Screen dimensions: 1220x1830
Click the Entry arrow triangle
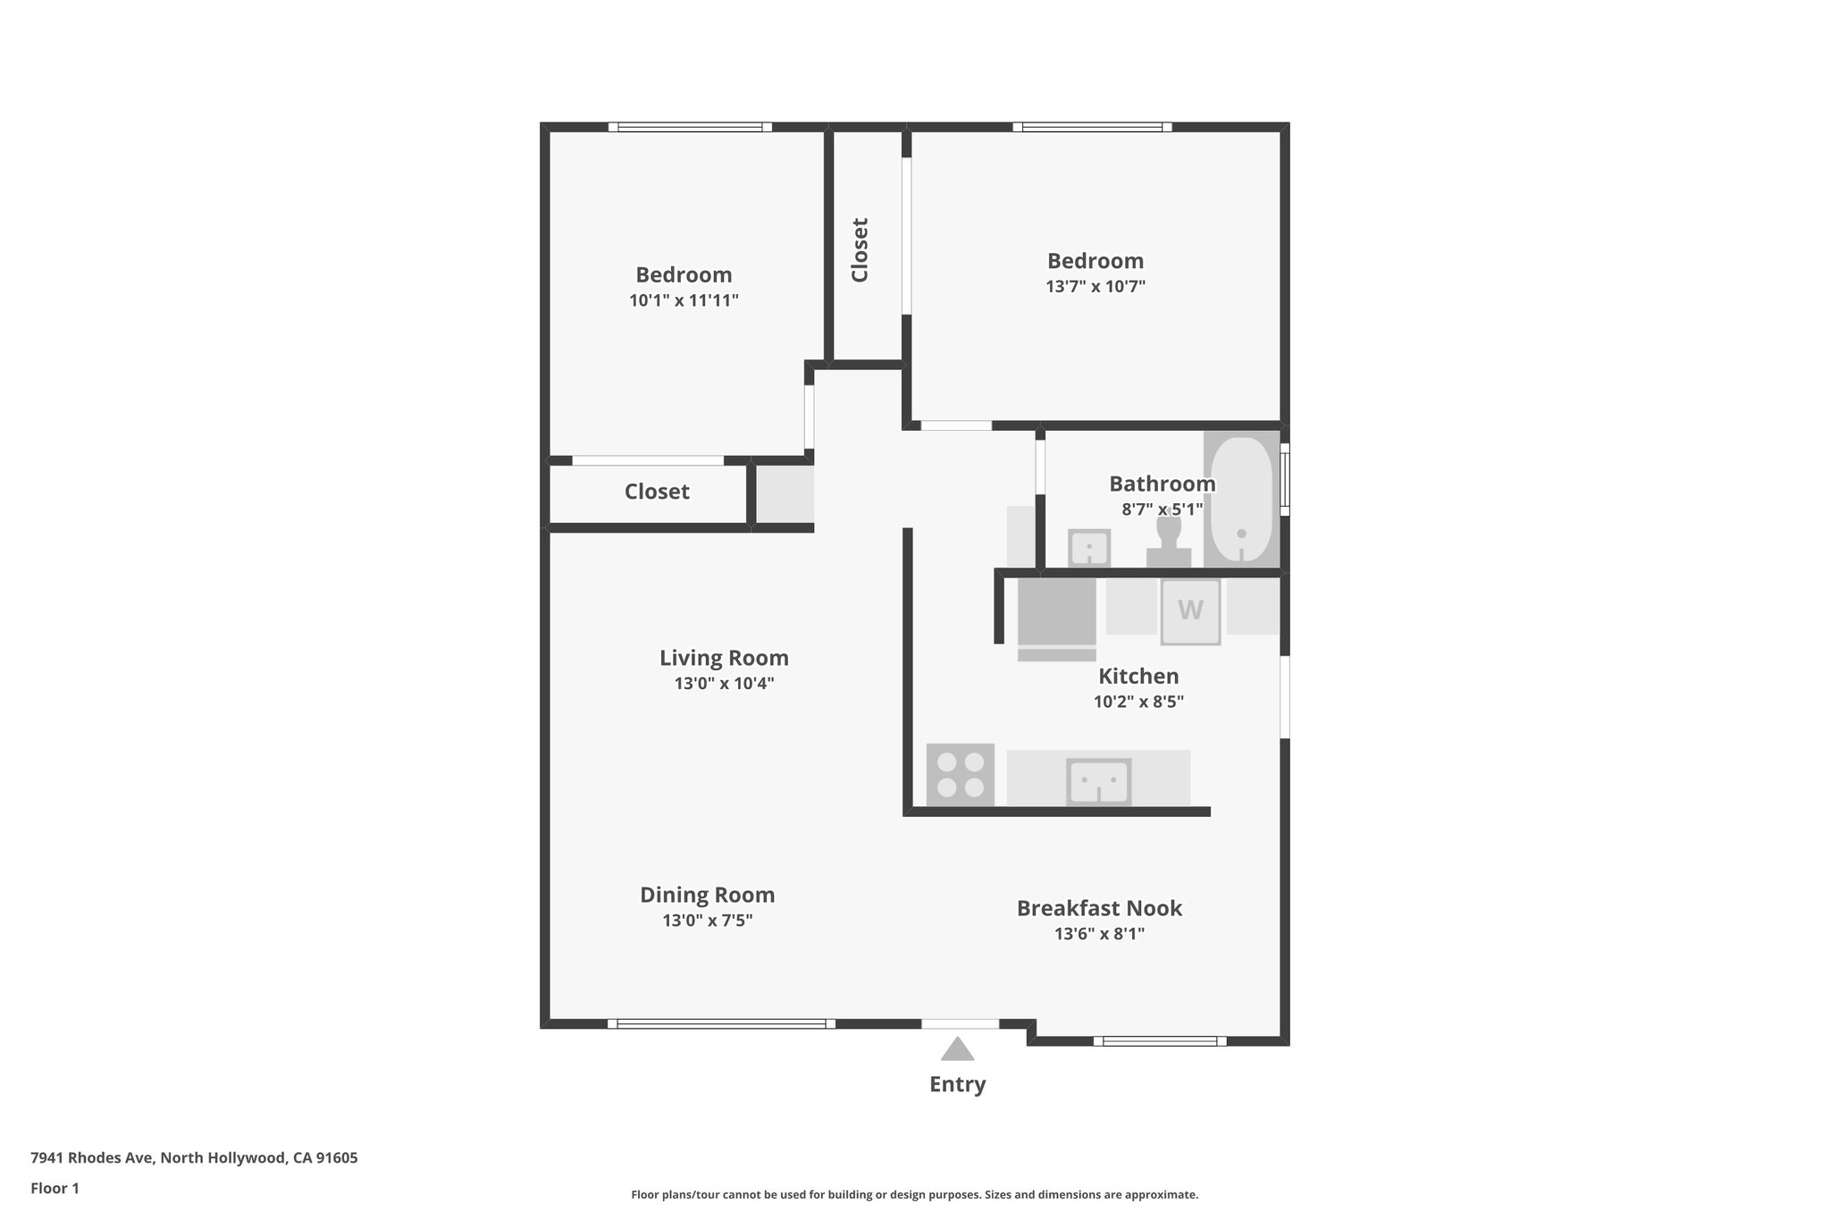click(x=957, y=1050)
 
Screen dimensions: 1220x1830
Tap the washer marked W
click(x=1190, y=611)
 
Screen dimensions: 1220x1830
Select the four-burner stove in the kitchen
click(x=961, y=775)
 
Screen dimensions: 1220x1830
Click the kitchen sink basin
click(x=1098, y=782)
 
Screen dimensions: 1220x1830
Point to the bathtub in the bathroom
click(x=1241, y=500)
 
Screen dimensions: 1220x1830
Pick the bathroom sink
click(x=1089, y=547)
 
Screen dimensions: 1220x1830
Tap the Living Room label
click(x=724, y=658)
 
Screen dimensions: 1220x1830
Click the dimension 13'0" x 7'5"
click(x=708, y=921)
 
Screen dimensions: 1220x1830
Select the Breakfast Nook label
click(x=1099, y=908)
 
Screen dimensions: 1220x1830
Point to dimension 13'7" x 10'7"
click(x=1095, y=287)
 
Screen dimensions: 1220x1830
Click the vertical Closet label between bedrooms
click(x=860, y=250)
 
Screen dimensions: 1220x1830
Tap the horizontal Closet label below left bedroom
click(x=657, y=492)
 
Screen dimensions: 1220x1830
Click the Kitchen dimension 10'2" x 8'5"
click(x=1138, y=703)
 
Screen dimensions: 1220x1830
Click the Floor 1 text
click(x=55, y=1189)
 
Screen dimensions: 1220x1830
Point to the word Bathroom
click(x=1162, y=484)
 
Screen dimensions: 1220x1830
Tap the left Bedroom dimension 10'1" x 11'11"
click(x=684, y=300)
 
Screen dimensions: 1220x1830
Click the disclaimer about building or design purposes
click(x=914, y=1194)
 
